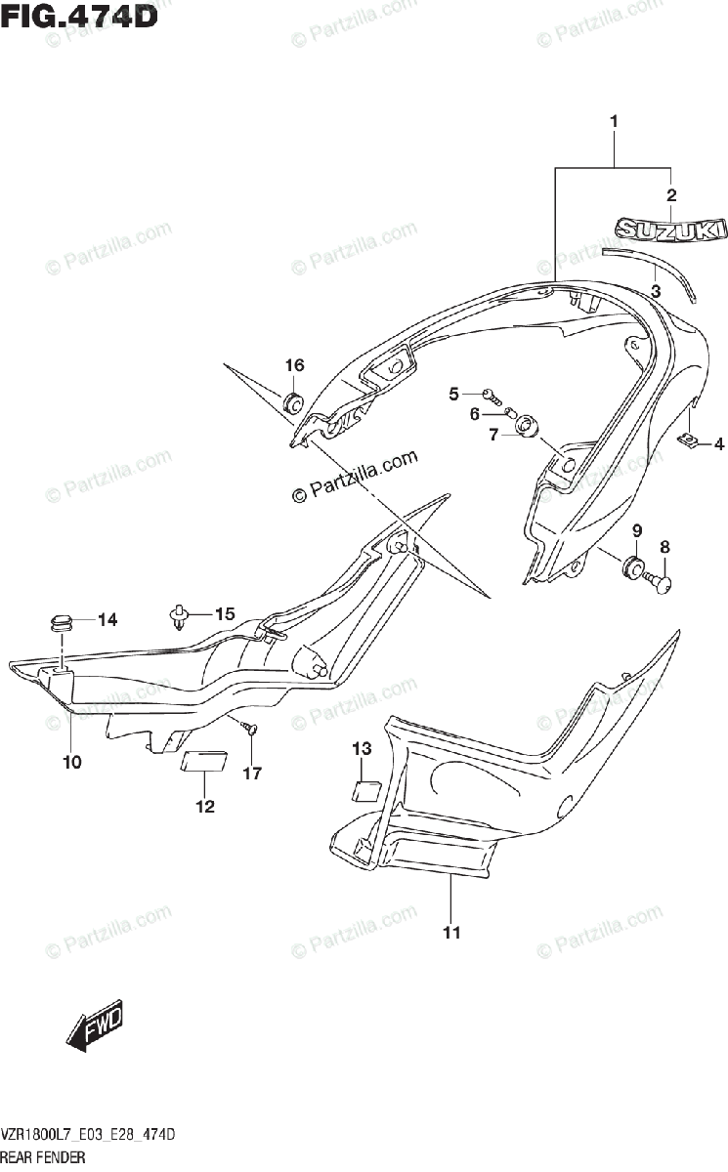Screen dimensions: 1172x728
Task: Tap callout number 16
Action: click(294, 365)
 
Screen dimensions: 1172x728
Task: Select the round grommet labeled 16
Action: click(292, 402)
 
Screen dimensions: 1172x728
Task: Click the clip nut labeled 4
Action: click(689, 442)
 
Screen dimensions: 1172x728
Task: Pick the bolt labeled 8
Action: click(662, 583)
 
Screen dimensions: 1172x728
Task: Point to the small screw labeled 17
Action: click(250, 729)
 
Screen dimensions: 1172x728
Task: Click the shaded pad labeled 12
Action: click(204, 762)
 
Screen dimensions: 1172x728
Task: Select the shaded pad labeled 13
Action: click(366, 789)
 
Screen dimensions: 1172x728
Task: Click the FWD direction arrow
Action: click(95, 1029)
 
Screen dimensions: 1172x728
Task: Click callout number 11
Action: click(450, 933)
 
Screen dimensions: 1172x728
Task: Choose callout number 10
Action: click(72, 762)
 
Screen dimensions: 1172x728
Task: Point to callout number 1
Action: click(614, 122)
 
